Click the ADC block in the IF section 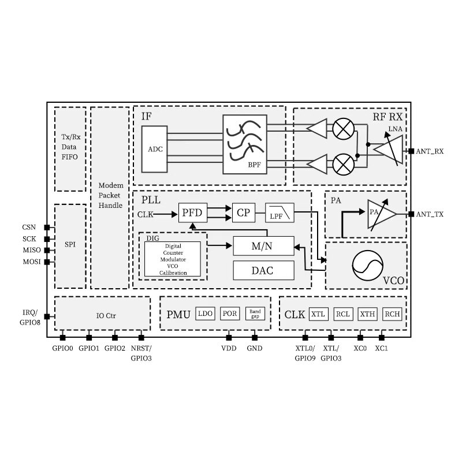pos(154,149)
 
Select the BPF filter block pos(245,144)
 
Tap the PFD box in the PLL pos(193,213)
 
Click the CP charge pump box pos(244,213)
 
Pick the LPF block pos(280,213)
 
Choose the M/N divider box pos(263,246)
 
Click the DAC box pos(263,270)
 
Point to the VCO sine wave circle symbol pos(367,266)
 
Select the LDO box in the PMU pos(206,314)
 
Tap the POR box pos(230,314)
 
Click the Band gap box pos(255,314)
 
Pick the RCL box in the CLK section pos(343,314)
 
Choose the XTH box pos(367,314)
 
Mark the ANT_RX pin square pos(411,151)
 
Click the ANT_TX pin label pos(430,214)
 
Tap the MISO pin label pos(32,250)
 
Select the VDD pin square pos(229,338)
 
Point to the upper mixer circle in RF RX pos(343,129)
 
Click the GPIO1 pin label pos(89,348)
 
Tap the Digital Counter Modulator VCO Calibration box pos(173,259)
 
